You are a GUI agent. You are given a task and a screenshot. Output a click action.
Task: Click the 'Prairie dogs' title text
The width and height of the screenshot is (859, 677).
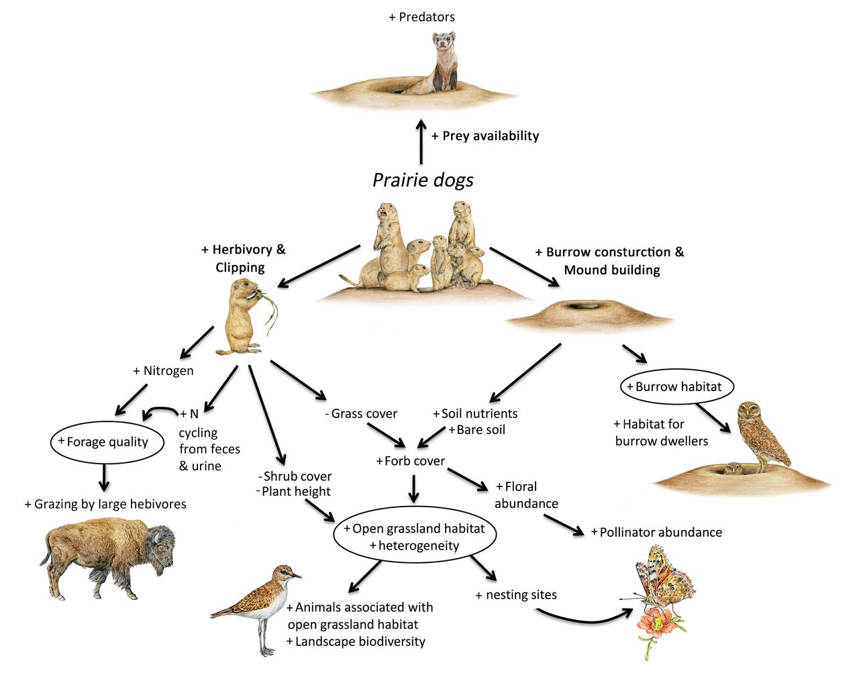click(423, 180)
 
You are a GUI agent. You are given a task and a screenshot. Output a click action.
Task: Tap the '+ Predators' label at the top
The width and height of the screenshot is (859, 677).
click(421, 17)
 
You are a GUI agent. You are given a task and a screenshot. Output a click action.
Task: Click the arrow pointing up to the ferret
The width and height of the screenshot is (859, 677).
click(421, 142)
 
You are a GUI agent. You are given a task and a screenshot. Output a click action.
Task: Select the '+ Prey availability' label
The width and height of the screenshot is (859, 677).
click(485, 136)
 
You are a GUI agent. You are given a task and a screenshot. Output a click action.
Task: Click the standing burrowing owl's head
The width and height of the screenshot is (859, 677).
click(749, 415)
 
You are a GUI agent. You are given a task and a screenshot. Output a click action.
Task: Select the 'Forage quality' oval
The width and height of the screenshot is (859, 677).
click(107, 442)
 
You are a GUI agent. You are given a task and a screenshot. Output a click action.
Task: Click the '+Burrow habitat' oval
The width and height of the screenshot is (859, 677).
click(678, 387)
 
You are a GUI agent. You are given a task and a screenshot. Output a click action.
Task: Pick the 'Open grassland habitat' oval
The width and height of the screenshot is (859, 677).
click(415, 537)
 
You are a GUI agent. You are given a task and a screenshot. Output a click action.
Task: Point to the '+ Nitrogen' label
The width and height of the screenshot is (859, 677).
click(164, 371)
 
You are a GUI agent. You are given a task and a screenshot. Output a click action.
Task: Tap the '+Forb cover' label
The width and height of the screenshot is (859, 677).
click(411, 462)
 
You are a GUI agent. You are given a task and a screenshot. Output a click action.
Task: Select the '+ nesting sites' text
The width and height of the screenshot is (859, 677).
click(516, 595)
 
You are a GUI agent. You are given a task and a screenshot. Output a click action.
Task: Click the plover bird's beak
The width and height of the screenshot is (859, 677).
click(296, 576)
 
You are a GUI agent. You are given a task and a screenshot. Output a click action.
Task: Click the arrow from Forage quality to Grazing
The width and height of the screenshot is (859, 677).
click(103, 477)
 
